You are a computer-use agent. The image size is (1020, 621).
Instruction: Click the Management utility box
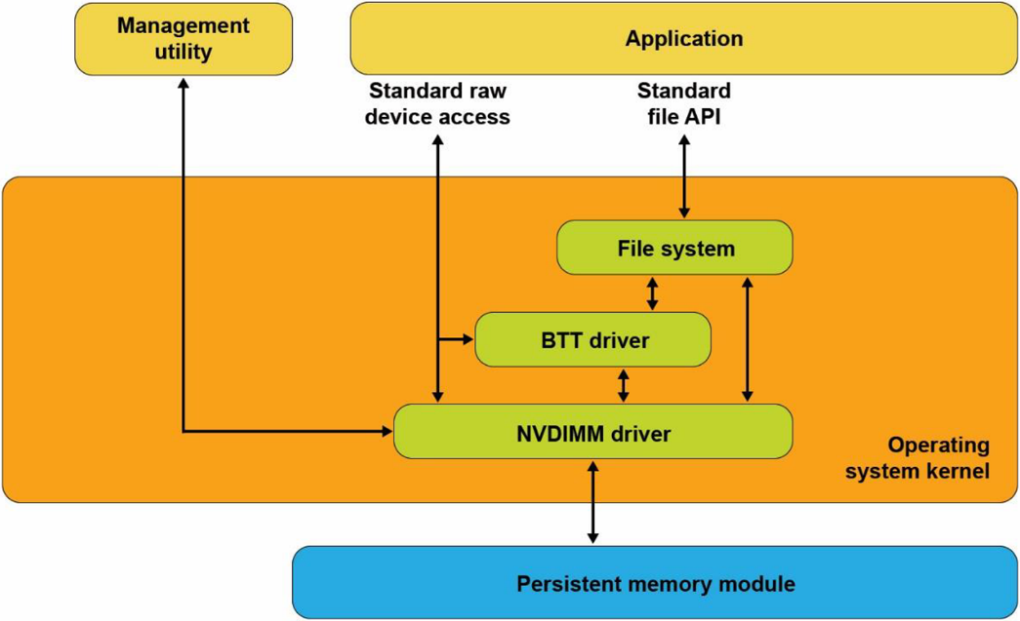(184, 39)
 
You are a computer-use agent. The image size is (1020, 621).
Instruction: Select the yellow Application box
(683, 39)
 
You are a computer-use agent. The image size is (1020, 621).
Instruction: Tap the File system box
(674, 248)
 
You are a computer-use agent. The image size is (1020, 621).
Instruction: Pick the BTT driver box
(592, 340)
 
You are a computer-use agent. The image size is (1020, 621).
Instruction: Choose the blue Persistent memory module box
(655, 584)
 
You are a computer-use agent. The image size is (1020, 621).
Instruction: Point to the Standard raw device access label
(439, 104)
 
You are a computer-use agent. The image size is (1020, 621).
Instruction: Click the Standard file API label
(683, 104)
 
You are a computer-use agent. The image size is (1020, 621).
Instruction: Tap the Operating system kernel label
(917, 458)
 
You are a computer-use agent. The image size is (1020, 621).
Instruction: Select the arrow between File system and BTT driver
(652, 293)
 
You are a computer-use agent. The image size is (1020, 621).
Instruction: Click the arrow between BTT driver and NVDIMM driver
(624, 384)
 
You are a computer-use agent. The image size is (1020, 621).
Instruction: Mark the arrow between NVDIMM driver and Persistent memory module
(592, 501)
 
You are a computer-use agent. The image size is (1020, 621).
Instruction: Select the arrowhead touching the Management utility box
(184, 84)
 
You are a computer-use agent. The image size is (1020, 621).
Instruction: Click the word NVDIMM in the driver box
(552, 432)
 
